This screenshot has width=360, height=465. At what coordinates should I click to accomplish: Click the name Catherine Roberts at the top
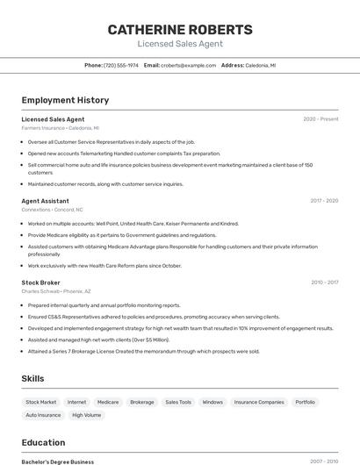click(180, 30)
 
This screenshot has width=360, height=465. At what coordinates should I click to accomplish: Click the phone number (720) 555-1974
click(121, 65)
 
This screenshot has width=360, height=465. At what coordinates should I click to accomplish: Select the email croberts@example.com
click(188, 65)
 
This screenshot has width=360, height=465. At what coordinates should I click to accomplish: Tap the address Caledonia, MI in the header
click(260, 65)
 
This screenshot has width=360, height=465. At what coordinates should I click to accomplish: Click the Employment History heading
click(65, 100)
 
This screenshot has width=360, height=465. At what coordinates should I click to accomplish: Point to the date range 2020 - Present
click(320, 119)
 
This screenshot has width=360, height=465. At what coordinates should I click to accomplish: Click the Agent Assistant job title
click(45, 201)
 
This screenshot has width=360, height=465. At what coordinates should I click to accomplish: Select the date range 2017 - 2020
click(324, 201)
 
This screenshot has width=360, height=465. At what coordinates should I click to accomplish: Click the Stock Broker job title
click(41, 283)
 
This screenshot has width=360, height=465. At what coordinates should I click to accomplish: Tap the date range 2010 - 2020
click(324, 283)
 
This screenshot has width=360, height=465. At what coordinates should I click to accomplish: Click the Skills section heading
click(33, 378)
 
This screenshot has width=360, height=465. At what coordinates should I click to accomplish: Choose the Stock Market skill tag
click(41, 402)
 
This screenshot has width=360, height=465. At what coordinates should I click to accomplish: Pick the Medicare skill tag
click(108, 402)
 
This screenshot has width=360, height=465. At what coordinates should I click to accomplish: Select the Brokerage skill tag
click(142, 402)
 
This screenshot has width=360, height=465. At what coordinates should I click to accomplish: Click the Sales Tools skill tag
click(178, 402)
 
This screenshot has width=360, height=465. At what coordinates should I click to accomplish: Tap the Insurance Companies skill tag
click(259, 402)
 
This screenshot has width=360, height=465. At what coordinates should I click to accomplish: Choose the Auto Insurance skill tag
click(43, 415)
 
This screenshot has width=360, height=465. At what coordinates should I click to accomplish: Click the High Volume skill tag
click(87, 415)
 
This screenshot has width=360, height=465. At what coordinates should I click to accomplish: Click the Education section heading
click(43, 442)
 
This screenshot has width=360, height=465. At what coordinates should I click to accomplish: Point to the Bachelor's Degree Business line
click(58, 461)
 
